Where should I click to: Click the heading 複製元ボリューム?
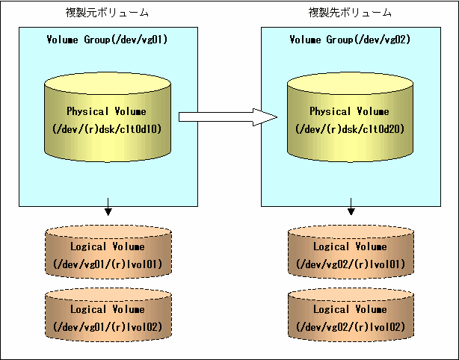point(107,13)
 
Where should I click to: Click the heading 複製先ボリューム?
point(350,13)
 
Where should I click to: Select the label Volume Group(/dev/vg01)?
point(107,40)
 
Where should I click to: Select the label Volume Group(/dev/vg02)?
point(350,40)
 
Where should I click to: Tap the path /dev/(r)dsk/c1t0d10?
point(107,129)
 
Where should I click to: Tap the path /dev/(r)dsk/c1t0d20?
point(350,129)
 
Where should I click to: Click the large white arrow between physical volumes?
point(228,117)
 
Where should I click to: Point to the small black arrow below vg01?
point(108,207)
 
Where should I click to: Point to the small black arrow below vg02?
point(351,207)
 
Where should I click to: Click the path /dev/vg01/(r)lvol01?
point(108,264)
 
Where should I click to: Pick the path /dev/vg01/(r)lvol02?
point(108,327)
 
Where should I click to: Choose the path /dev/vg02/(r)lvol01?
point(351,264)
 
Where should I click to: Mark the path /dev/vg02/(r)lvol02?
point(351,327)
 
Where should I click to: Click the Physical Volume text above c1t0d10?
point(107,111)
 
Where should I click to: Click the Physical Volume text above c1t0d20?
point(350,111)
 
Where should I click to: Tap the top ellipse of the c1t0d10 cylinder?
point(108,84)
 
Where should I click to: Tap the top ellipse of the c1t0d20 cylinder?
point(350,84)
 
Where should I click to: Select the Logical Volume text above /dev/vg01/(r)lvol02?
point(108,309)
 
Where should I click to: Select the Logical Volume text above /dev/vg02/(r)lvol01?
point(350,246)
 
